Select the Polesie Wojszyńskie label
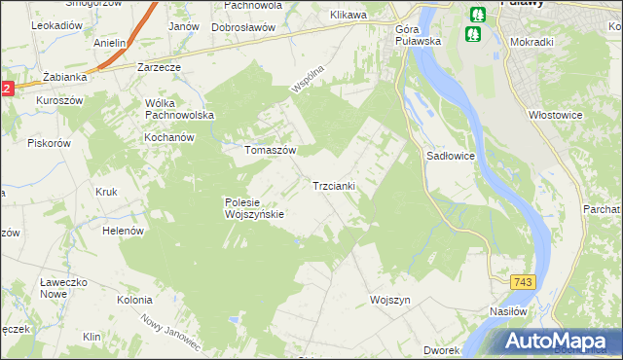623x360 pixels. point(253,208)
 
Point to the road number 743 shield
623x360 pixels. point(523,281)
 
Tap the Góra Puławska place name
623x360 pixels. point(419,35)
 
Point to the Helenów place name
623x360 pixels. point(124,231)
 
